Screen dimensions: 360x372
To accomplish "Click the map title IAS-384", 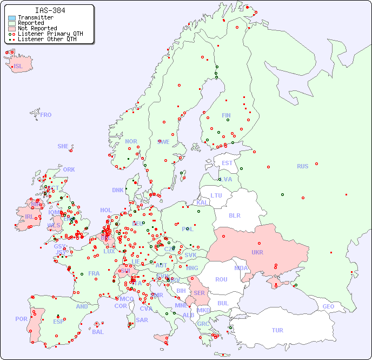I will tap(50, 10).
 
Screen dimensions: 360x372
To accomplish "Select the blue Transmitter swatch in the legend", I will tap(12, 18).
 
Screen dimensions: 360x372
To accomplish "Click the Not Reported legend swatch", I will tap(12, 29).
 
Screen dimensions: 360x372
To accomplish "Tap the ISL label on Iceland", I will tap(18, 67).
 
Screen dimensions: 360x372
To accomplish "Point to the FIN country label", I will tap(226, 115).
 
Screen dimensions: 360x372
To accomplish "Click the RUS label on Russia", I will tap(302, 166).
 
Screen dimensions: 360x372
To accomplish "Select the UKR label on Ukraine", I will tap(257, 253).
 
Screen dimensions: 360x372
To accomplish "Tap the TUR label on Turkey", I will tap(277, 330).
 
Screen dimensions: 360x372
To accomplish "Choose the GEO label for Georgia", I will tap(328, 306).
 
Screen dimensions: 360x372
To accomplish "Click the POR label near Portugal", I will tap(21, 319).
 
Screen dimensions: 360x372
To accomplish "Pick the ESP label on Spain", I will tap(58, 322).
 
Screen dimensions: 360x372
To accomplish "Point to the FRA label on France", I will tap(94, 273).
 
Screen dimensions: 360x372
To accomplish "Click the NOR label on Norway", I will tap(131, 141).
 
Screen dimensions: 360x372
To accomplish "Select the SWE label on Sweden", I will tap(163, 142).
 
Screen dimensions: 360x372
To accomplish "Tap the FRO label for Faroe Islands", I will tap(46, 115).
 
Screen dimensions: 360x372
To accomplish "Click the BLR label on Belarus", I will tap(234, 215).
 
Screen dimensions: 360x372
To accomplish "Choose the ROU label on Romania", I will tap(221, 279).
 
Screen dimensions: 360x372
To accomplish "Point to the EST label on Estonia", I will tap(227, 163).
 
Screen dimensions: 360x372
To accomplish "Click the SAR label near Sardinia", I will tap(142, 320).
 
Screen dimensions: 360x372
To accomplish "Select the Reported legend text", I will tap(31, 23).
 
